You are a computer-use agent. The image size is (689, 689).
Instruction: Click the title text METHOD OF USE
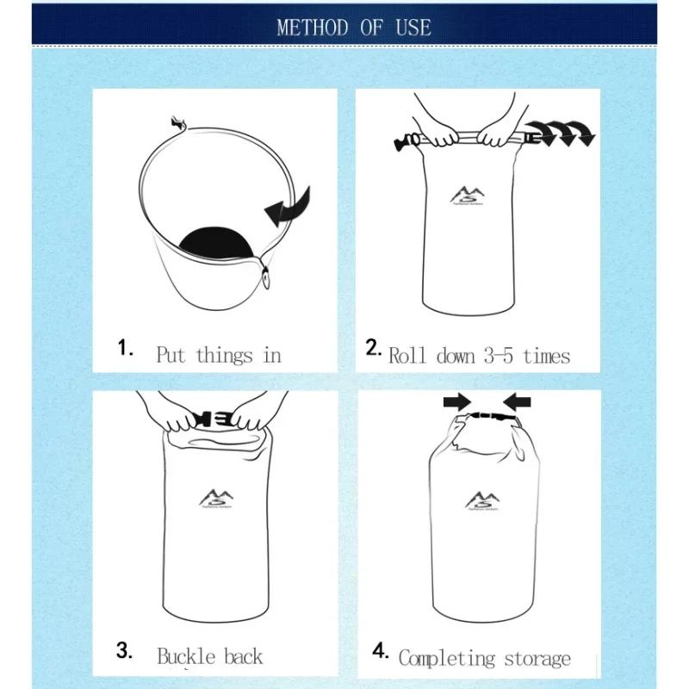(353, 27)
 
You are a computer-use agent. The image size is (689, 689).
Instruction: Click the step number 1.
(127, 349)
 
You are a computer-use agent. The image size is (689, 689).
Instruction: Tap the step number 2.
(373, 348)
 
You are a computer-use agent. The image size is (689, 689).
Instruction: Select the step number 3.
(125, 651)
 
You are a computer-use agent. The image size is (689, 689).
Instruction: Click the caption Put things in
(219, 355)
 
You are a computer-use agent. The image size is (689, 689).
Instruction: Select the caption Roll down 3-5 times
(479, 355)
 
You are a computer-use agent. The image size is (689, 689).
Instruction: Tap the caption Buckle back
(209, 656)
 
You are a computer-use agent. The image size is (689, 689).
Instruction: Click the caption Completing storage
(484, 659)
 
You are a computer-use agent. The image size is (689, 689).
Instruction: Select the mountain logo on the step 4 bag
(481, 500)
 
